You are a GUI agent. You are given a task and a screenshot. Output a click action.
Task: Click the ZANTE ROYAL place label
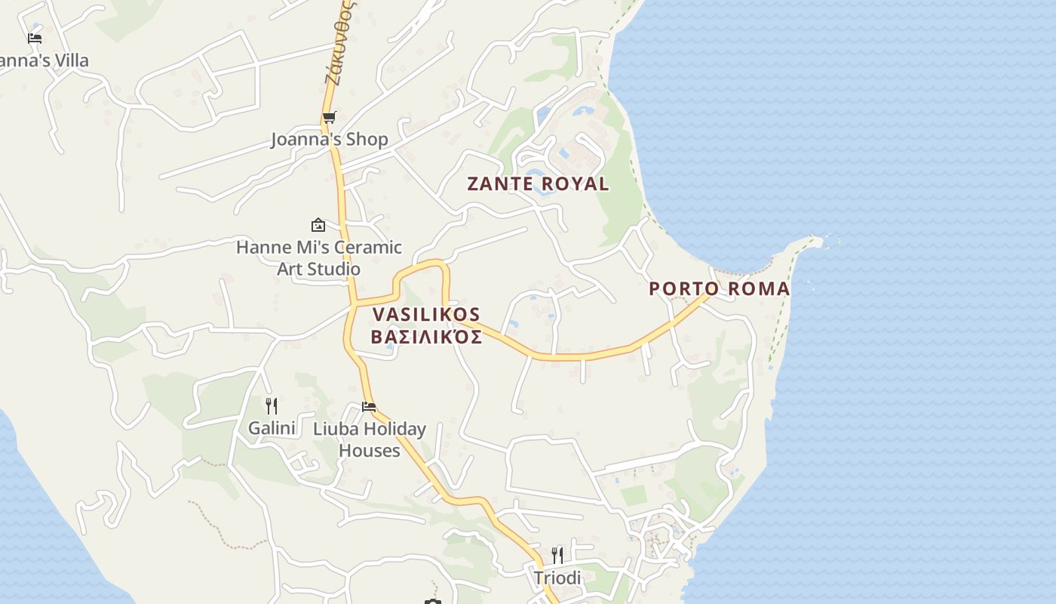538,183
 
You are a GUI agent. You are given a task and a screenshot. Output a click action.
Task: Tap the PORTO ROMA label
719,288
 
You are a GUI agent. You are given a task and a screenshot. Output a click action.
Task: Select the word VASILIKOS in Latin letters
426,314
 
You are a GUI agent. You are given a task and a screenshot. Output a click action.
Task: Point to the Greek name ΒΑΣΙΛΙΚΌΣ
426,337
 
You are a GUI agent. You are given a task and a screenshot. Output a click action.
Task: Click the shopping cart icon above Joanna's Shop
329,118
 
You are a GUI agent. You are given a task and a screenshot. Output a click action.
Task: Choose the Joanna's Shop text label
330,139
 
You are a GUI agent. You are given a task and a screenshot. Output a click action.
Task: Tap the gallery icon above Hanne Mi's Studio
318,225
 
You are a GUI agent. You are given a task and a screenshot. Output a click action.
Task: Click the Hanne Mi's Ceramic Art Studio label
318,257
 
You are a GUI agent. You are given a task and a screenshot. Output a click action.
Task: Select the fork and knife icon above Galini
272,406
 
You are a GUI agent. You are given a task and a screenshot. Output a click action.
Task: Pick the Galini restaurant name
272,428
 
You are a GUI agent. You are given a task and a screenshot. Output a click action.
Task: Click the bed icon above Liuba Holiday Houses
369,407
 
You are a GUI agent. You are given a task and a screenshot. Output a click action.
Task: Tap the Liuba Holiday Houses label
369,439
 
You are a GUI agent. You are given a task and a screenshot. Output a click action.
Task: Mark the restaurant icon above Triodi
557,556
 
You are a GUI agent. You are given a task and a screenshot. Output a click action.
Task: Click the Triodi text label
557,578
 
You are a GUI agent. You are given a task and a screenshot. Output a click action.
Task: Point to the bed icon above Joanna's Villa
35,38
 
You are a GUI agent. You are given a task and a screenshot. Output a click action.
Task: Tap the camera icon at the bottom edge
432,602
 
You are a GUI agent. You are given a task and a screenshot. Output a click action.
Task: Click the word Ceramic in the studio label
368,247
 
